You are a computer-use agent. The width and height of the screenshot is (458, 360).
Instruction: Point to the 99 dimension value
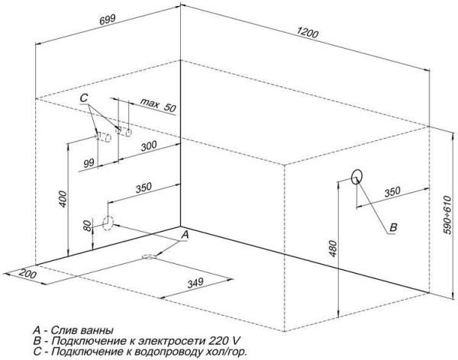click(x=89, y=162)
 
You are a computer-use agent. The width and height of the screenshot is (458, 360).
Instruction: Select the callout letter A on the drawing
click(x=184, y=236)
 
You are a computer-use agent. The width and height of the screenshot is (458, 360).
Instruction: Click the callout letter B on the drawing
click(x=393, y=227)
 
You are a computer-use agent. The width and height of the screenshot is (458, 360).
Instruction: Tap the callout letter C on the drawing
click(x=85, y=98)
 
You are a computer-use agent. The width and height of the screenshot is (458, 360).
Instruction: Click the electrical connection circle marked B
click(x=356, y=177)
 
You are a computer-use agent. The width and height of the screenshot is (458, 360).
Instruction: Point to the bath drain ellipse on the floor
click(x=149, y=257)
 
